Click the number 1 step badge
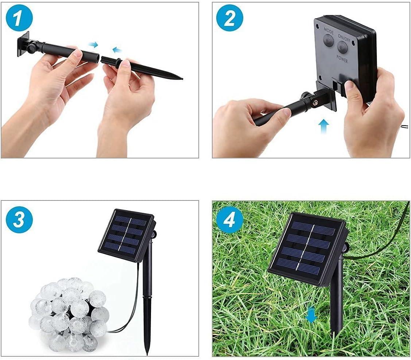point(19,18)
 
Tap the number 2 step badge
point(230,18)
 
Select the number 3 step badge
point(19,219)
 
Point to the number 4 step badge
point(229,220)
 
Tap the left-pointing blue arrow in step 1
point(117,50)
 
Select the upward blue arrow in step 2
point(324,126)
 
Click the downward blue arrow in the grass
point(311,315)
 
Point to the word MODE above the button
point(329,31)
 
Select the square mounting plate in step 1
point(23,44)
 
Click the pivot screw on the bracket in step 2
point(314,102)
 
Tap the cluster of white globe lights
point(69,314)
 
